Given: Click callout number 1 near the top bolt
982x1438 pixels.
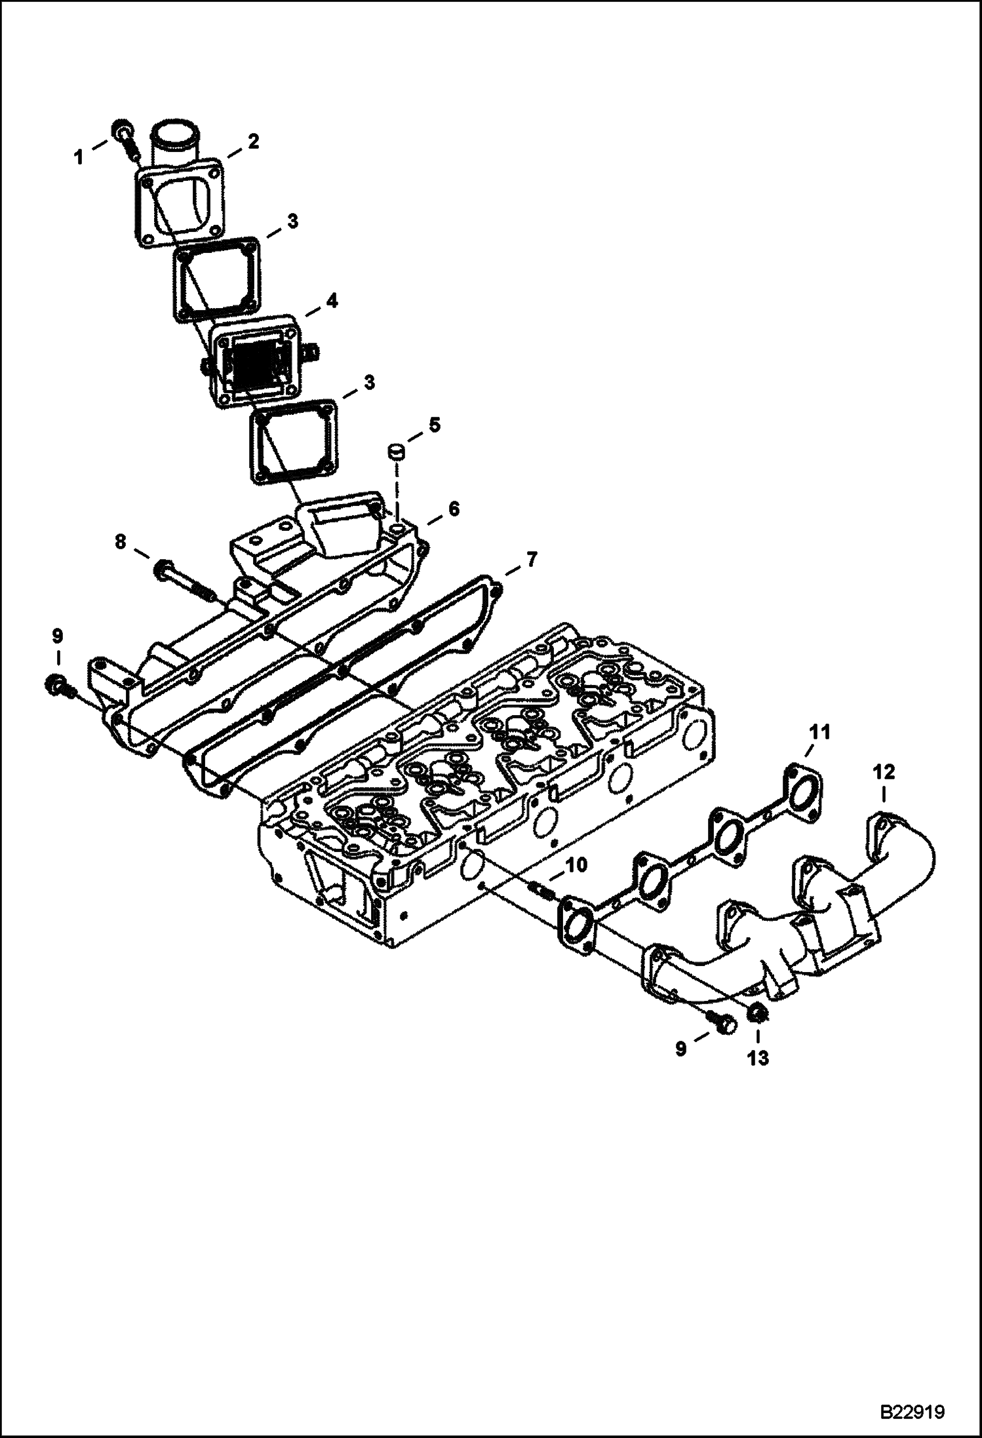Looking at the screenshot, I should [79, 157].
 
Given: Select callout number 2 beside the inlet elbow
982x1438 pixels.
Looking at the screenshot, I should [252, 141].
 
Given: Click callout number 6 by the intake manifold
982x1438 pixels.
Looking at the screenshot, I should [454, 508].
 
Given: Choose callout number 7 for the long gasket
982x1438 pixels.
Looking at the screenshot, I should [531, 560].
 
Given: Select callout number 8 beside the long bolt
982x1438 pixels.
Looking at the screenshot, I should [119, 543].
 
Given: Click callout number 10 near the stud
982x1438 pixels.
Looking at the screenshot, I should [578, 865].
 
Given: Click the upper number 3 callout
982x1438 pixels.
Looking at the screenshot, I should [292, 221].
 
